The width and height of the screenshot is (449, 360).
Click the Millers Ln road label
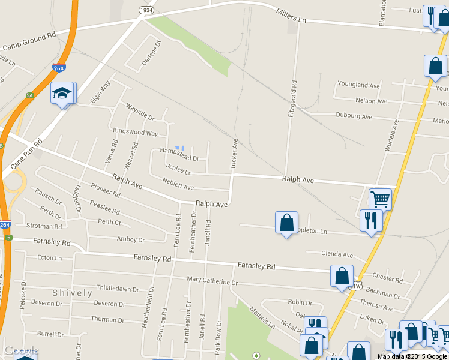(291, 16)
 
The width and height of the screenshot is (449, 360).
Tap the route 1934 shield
(146, 10)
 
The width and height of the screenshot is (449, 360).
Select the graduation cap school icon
(62, 93)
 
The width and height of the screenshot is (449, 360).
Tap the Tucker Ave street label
(235, 153)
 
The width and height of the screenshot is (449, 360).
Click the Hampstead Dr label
(179, 154)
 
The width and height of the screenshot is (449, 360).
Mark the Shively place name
(72, 293)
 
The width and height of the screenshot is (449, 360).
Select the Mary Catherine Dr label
(212, 281)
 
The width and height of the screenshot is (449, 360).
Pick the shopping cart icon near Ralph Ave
(379, 198)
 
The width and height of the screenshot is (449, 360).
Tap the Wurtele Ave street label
(395, 136)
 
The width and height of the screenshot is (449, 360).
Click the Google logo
(21, 351)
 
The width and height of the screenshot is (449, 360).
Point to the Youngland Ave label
(358, 85)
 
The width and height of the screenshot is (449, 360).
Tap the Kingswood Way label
(135, 132)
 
